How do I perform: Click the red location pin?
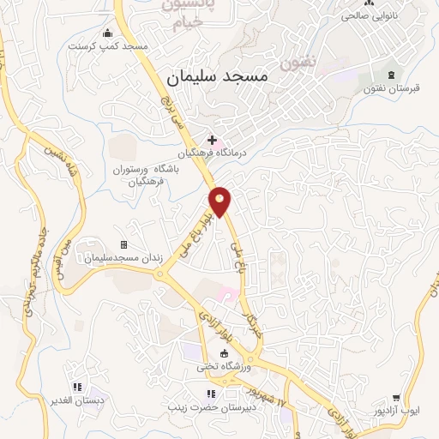pos(220,201)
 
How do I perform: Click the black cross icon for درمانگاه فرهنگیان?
pos(212,139)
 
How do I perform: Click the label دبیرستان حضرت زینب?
pos(213,408)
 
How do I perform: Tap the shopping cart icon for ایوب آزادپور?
pos(396,397)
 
